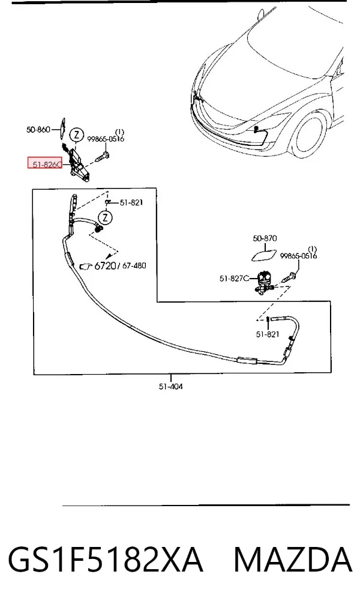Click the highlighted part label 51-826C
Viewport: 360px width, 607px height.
(45, 164)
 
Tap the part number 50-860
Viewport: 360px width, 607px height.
(38, 129)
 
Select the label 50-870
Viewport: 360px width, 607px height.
(265, 238)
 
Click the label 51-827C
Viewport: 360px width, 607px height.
(234, 278)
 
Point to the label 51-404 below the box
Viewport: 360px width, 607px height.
(170, 386)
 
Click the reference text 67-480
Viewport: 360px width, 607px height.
(134, 265)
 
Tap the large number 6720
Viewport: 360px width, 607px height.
(105, 265)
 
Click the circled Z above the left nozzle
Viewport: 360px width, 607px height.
(77, 135)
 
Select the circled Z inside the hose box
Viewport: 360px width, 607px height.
(106, 217)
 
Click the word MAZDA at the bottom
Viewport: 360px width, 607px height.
(293, 560)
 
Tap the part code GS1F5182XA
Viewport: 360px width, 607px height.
(106, 560)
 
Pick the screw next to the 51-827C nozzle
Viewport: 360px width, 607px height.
(290, 277)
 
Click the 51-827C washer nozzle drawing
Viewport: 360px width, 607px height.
(265, 282)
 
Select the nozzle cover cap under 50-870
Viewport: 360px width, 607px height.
(265, 255)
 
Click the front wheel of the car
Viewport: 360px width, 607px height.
(307, 133)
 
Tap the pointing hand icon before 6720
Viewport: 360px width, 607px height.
(86, 266)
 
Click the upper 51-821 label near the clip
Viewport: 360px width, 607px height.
(131, 202)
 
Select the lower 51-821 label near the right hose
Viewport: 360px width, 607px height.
(267, 334)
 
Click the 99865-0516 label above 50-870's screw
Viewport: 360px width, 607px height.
(298, 256)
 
